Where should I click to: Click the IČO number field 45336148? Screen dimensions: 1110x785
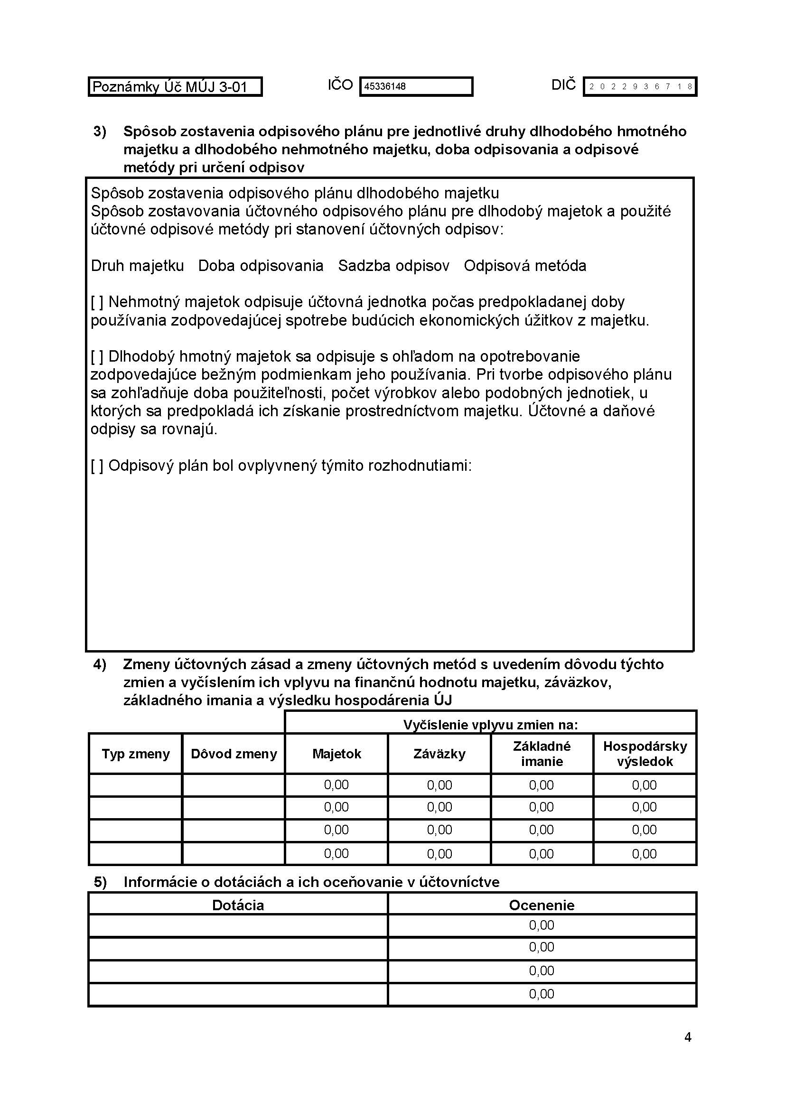pos(416,87)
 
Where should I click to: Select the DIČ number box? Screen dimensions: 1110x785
pos(639,87)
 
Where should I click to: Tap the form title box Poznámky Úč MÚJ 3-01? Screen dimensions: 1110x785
pos(175,87)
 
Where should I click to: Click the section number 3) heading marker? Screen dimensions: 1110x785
pos(100,131)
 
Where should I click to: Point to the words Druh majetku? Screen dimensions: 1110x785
pos(137,266)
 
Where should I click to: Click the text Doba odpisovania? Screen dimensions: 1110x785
pos(261,266)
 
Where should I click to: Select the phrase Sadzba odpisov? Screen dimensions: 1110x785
pos(393,266)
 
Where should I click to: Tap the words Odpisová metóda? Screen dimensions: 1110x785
pos(525,266)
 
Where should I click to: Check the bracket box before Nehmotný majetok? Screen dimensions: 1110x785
pos(97,302)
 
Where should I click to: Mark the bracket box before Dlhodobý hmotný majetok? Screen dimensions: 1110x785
pos(97,357)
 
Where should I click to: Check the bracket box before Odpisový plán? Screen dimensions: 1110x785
pos(97,466)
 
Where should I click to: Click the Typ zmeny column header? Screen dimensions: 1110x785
pos(136,754)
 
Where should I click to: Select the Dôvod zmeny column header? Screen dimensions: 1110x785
pos(234,754)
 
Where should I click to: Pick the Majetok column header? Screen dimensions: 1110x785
pos(336,754)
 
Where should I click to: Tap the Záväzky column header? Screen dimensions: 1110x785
pos(439,754)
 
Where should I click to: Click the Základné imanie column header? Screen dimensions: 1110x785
pos(542,754)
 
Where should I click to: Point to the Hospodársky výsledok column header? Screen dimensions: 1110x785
pos(645,754)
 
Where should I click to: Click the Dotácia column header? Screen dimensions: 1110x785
pos(238,905)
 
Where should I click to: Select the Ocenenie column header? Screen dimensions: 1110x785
pos(542,905)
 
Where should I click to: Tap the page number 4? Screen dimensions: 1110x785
pos(688,1037)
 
